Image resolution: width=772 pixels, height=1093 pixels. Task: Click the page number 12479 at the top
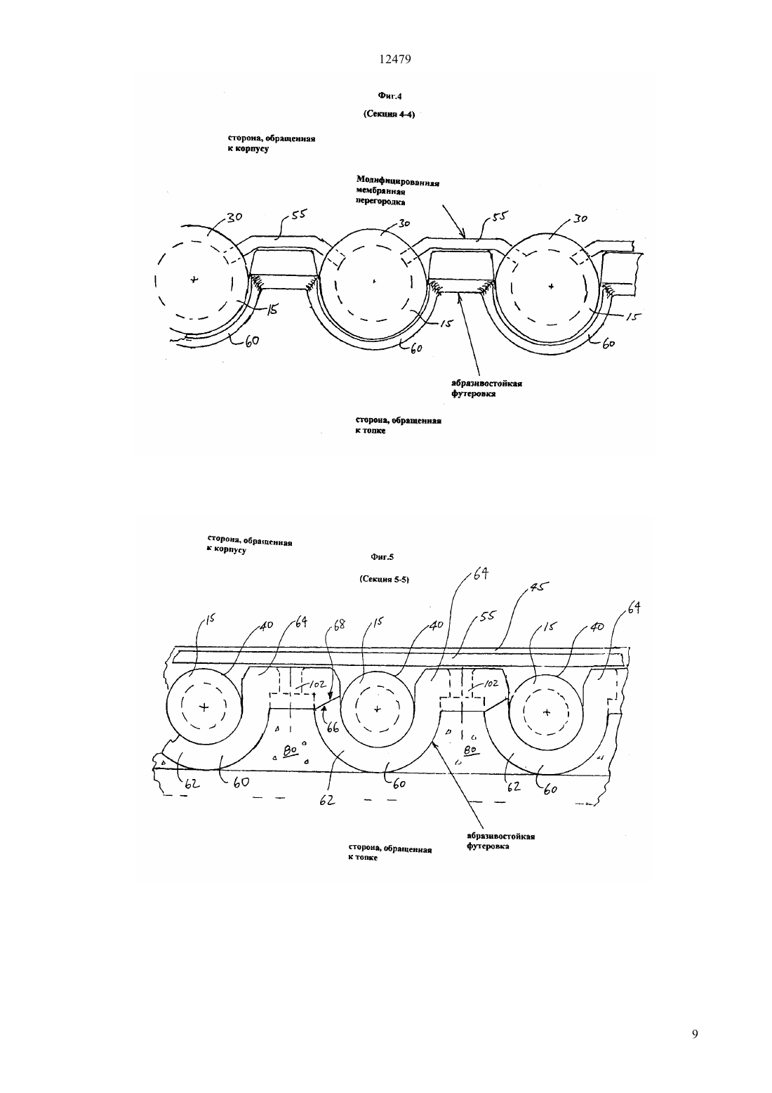(394, 60)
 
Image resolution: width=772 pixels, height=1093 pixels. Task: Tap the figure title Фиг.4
(390, 96)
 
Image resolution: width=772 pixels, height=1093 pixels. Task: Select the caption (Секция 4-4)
(389, 115)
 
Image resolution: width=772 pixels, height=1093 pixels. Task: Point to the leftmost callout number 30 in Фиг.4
(234, 216)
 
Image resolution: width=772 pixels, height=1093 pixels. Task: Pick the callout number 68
(338, 624)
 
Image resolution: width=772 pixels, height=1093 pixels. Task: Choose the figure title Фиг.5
(382, 557)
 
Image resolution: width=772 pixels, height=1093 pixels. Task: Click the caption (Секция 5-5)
(384, 580)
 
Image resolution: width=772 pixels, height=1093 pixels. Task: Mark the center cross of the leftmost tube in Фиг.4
(194, 280)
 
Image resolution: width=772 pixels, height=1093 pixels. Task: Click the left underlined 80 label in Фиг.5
(290, 751)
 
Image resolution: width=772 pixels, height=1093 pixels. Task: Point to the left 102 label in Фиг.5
(317, 685)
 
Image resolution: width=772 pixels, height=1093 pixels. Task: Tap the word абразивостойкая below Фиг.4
(487, 384)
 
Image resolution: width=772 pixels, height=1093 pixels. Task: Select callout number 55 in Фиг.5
(486, 616)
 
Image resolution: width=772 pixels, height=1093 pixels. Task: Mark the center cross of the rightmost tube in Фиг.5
(546, 713)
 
